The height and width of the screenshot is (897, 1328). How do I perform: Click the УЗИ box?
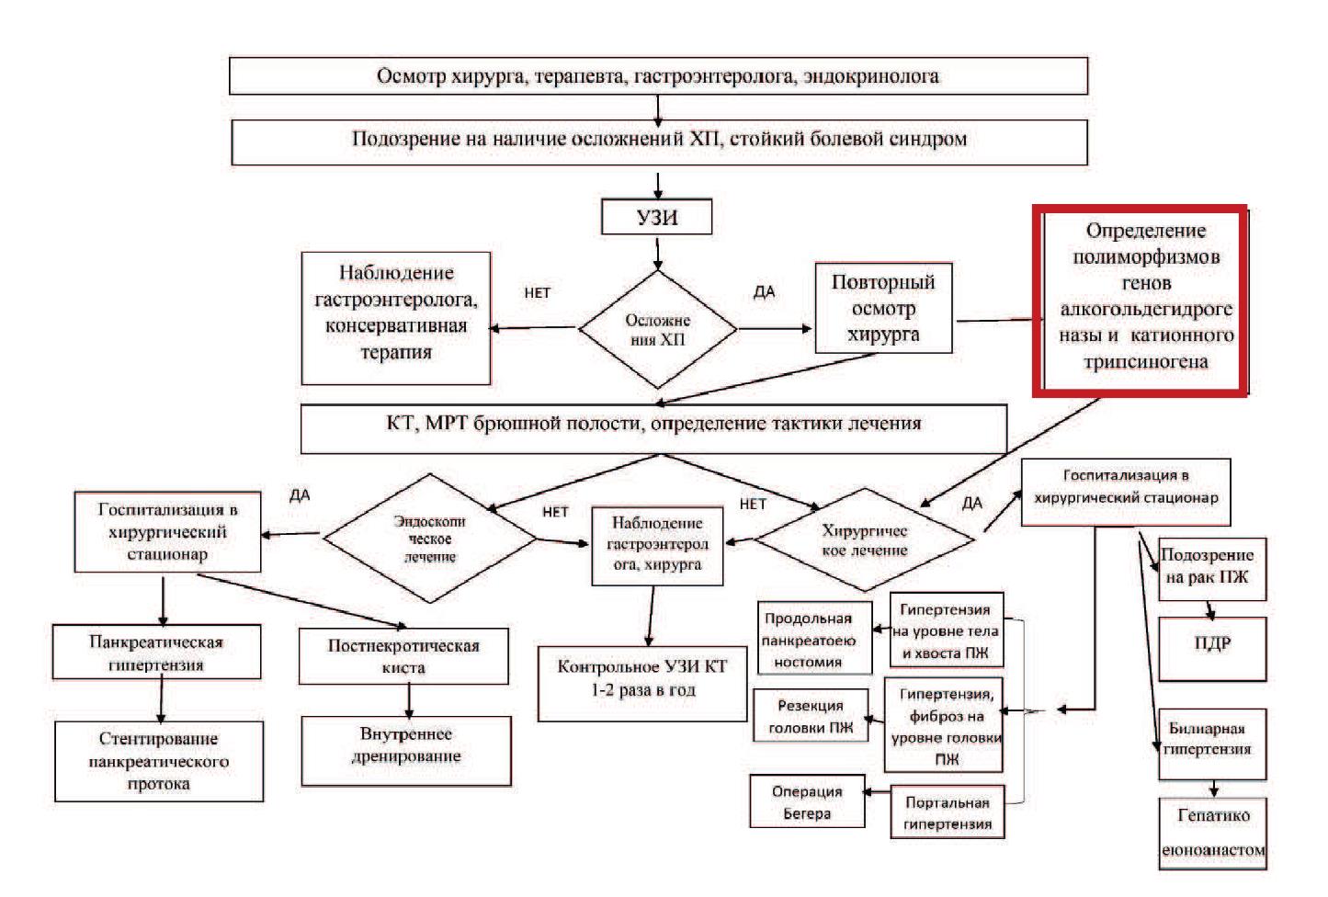pos(656,218)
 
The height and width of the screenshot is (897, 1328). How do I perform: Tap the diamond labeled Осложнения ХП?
pos(658,329)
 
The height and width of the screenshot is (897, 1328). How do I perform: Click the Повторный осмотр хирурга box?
pos(883,308)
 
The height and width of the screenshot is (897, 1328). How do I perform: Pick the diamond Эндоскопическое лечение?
pos(429,539)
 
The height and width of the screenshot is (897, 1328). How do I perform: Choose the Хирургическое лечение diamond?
pos(864,540)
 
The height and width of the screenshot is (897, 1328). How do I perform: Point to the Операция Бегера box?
pos(807,802)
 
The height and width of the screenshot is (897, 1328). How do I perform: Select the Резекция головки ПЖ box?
pos(811,717)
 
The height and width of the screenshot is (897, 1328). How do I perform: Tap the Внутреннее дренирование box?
pos(406,750)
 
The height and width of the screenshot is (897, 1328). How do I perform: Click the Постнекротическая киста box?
pos(403,656)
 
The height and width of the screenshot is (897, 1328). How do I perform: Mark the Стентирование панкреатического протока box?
pos(159,761)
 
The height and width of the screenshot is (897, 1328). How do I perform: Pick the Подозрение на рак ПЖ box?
pos(1211,568)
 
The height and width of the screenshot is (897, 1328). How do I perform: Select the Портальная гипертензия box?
pos(947,812)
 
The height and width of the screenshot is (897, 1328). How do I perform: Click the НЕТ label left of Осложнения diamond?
pos(538,293)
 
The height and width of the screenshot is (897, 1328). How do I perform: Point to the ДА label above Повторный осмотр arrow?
pos(765,292)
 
